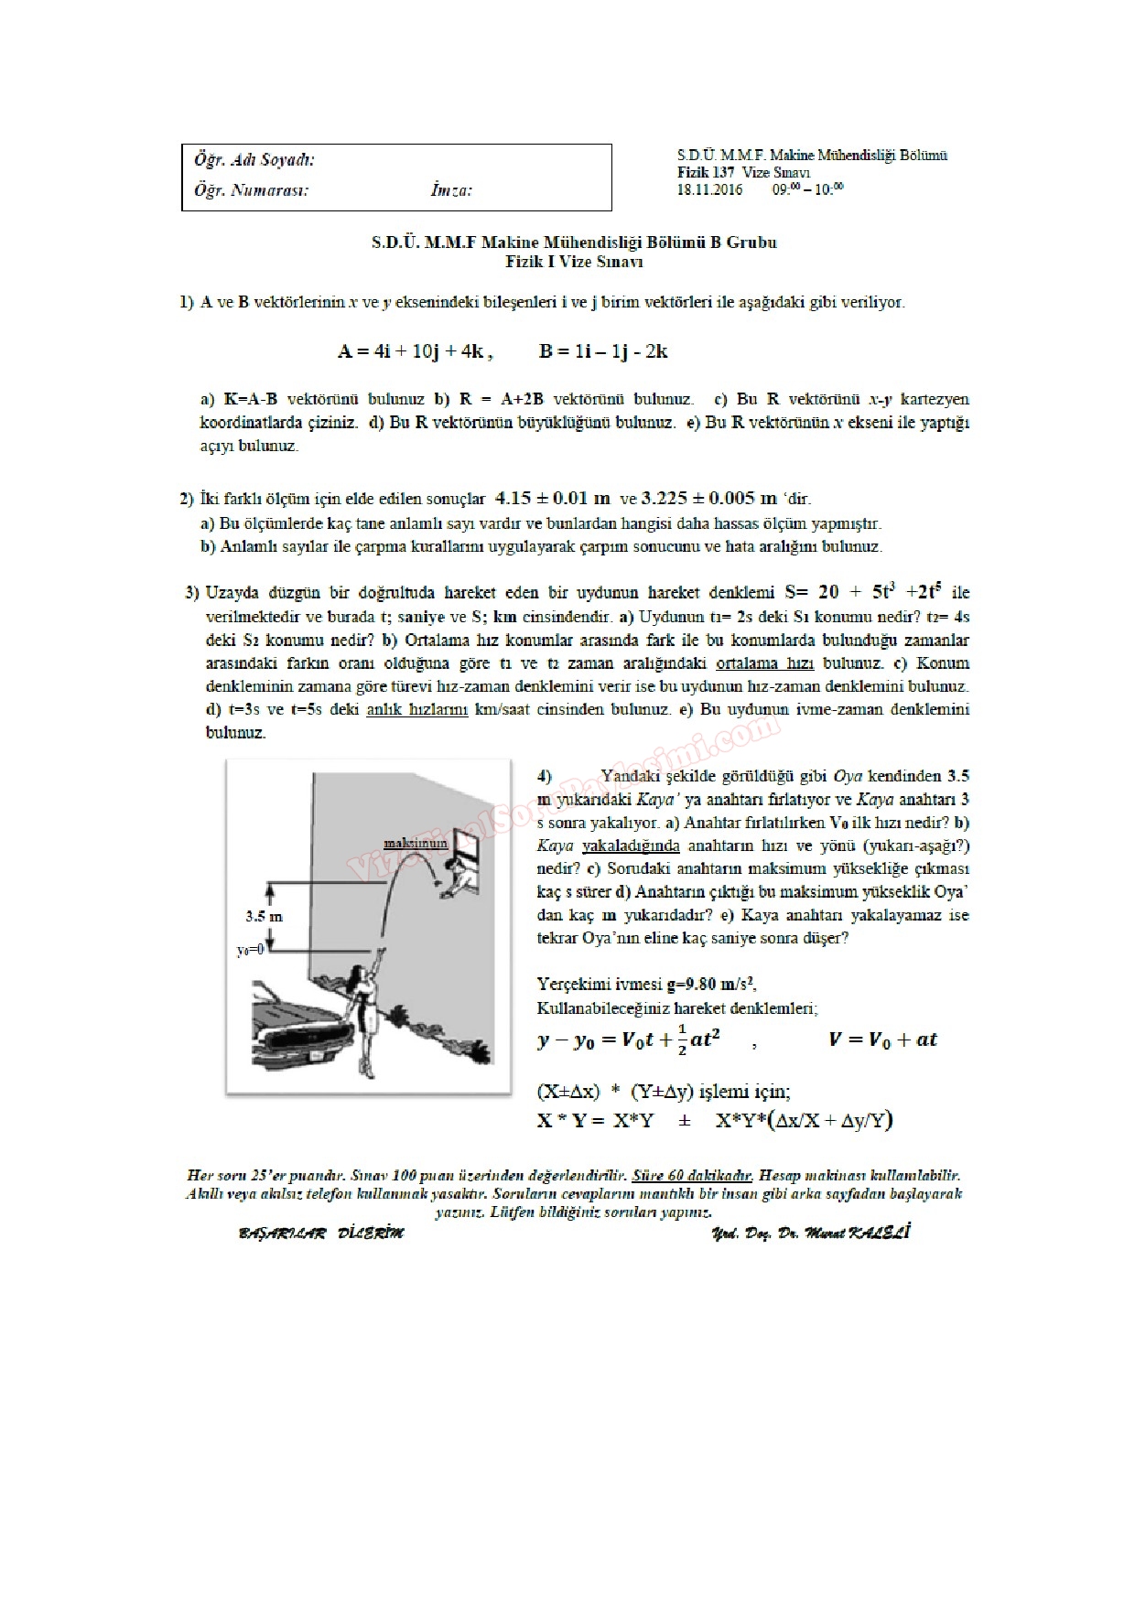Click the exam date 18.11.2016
(x=709, y=190)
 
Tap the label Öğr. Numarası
(x=251, y=190)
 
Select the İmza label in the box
(x=450, y=190)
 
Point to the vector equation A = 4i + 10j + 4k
(x=416, y=350)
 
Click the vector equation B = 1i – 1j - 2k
(x=603, y=350)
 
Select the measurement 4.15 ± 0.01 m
(x=552, y=499)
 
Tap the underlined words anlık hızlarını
(x=417, y=709)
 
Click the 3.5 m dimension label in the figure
(x=265, y=915)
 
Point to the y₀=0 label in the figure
(x=250, y=950)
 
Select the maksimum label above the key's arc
(x=415, y=843)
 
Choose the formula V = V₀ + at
(x=882, y=1039)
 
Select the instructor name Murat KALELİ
(x=851, y=1233)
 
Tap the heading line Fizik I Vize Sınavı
(x=574, y=262)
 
